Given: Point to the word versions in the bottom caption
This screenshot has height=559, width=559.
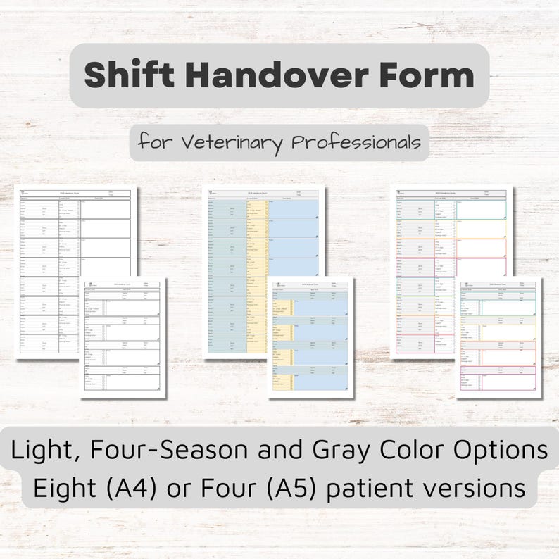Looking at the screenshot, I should (487, 487).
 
